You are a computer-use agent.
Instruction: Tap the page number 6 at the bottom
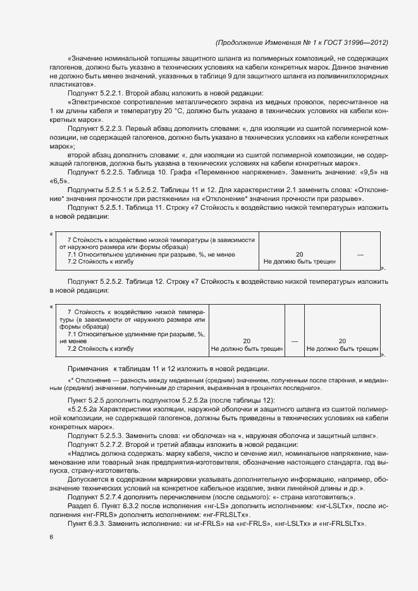(51, 537)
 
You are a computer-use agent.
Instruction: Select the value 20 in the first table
(300, 255)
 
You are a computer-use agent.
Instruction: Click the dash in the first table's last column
(360, 255)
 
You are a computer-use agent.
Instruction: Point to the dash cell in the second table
(294, 341)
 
